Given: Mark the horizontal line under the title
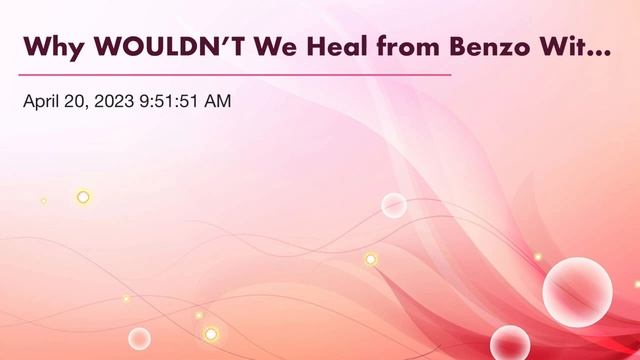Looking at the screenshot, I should (x=235, y=75).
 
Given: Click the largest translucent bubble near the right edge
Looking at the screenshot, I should (x=577, y=291).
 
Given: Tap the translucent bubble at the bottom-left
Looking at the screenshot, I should (x=139, y=338).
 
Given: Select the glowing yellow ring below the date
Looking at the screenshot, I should (x=83, y=197).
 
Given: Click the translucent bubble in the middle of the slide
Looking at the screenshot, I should (x=394, y=205).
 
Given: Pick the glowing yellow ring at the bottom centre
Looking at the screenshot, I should (x=211, y=333).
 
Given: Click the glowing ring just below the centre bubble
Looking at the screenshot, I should (x=370, y=259).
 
